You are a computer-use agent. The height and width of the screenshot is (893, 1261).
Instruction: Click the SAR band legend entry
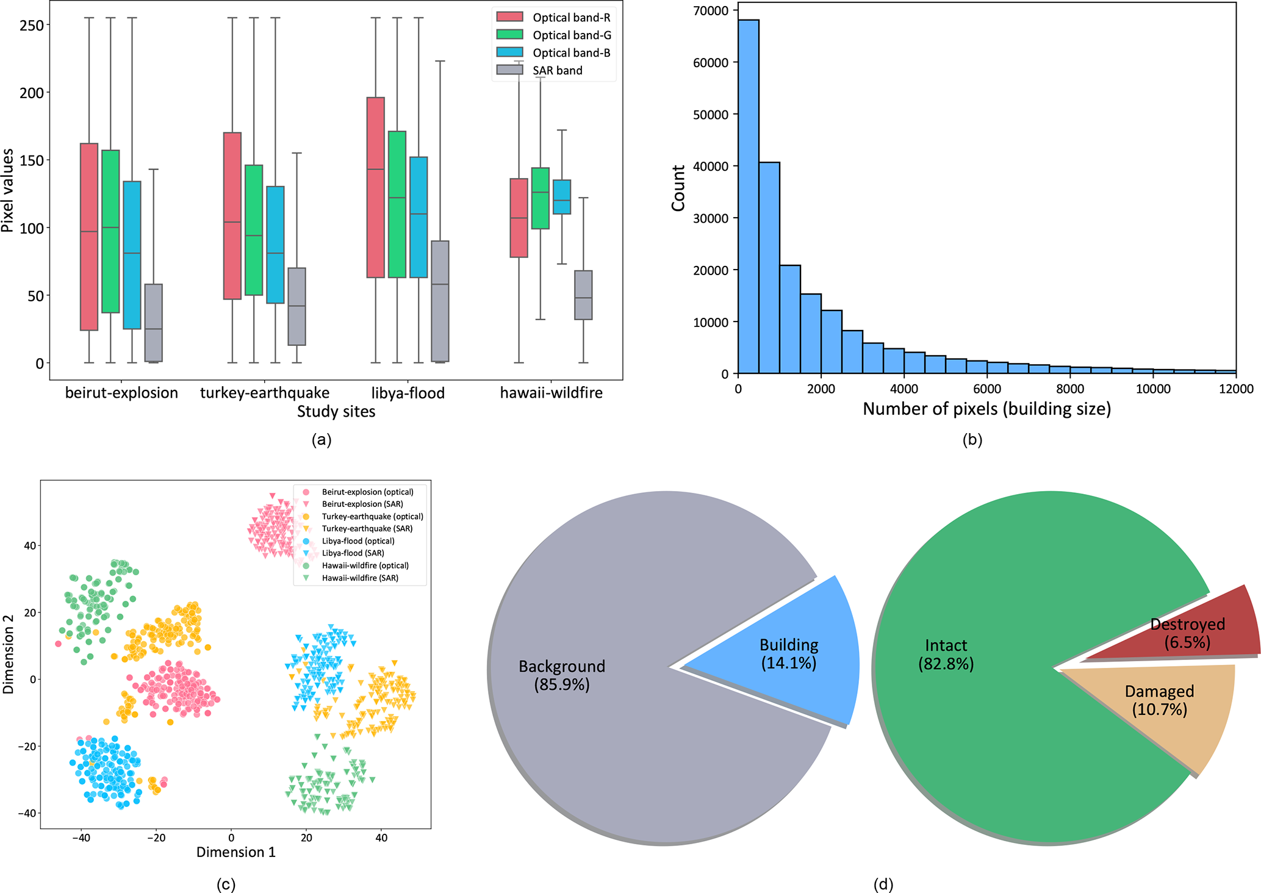(x=557, y=71)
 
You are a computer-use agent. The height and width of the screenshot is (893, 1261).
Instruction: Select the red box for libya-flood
(x=375, y=187)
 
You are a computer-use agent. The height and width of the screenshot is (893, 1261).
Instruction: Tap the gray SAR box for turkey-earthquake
(x=296, y=306)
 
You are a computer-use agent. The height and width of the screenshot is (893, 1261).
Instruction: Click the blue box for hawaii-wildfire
(x=562, y=196)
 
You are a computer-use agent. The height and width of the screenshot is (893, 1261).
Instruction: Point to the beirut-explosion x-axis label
(x=121, y=393)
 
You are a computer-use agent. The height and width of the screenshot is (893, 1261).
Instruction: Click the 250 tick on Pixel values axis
(x=31, y=25)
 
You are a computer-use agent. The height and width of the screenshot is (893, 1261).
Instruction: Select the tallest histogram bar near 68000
(x=749, y=195)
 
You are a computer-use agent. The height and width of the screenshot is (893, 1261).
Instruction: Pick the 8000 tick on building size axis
(x=1070, y=389)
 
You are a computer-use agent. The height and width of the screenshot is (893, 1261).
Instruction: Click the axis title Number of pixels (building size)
(x=986, y=409)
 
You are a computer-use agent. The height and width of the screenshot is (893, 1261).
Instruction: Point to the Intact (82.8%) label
(x=946, y=655)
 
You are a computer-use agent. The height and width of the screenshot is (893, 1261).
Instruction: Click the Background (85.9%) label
(x=562, y=675)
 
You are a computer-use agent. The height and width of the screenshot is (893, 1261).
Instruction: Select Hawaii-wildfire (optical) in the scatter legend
(x=365, y=565)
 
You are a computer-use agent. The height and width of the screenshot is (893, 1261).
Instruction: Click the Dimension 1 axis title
(x=235, y=852)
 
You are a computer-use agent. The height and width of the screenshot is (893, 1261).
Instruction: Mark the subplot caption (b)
(x=972, y=439)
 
